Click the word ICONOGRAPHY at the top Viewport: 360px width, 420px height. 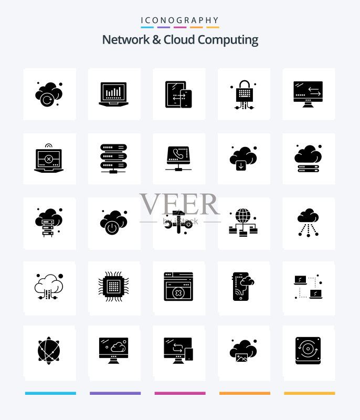coord(180,20)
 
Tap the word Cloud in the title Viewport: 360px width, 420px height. coord(179,40)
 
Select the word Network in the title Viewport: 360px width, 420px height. coord(126,40)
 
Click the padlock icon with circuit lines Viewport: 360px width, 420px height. coord(244,94)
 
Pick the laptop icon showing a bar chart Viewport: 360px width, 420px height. coord(113,94)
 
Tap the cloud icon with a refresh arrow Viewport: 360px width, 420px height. coord(49,94)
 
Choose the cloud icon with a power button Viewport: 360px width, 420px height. coord(113,222)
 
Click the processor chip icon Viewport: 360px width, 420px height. coord(113,286)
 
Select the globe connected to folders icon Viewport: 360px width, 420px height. coord(243,222)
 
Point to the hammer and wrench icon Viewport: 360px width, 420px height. coord(178,222)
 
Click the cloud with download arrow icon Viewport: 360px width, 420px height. coord(243,159)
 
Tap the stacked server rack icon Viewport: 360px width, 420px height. coord(113,159)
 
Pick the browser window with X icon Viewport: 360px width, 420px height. coord(178,286)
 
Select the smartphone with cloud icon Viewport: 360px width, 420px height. coord(243,286)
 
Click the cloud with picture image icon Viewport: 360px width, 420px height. coord(243,351)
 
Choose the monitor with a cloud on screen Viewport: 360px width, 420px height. coord(113,350)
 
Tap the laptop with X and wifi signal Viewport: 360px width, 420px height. coord(49,159)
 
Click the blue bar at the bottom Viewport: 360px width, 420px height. coord(50,393)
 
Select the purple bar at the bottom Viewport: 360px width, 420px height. coord(115,393)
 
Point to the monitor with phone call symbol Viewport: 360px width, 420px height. coord(178,159)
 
